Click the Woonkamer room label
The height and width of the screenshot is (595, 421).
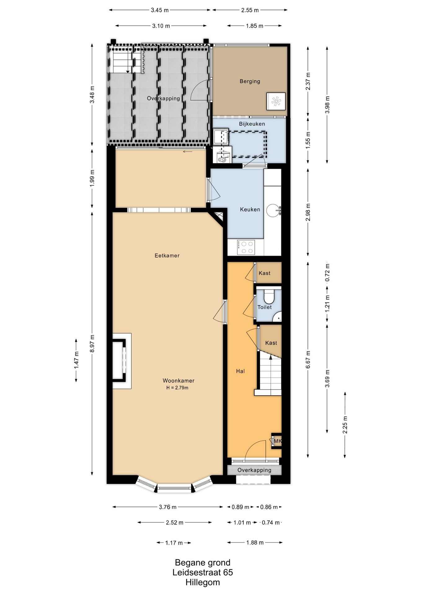click(x=178, y=381)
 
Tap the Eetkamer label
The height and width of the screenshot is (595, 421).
click(x=167, y=256)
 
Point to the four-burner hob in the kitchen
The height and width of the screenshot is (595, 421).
click(x=246, y=247)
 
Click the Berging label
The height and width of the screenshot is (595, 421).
click(x=250, y=82)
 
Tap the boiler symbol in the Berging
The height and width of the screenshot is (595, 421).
click(x=276, y=101)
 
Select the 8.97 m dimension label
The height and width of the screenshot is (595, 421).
click(x=92, y=343)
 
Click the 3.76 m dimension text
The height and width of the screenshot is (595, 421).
click(x=168, y=507)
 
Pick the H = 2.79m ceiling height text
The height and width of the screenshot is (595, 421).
click(x=177, y=388)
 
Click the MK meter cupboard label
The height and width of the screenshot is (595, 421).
click(x=277, y=441)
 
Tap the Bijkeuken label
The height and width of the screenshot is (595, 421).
click(x=252, y=124)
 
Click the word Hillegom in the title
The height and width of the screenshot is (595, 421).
click(x=202, y=582)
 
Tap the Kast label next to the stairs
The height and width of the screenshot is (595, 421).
click(x=271, y=343)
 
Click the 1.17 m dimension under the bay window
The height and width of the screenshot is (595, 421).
click(x=174, y=543)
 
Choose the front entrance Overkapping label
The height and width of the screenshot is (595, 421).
click(x=254, y=470)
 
